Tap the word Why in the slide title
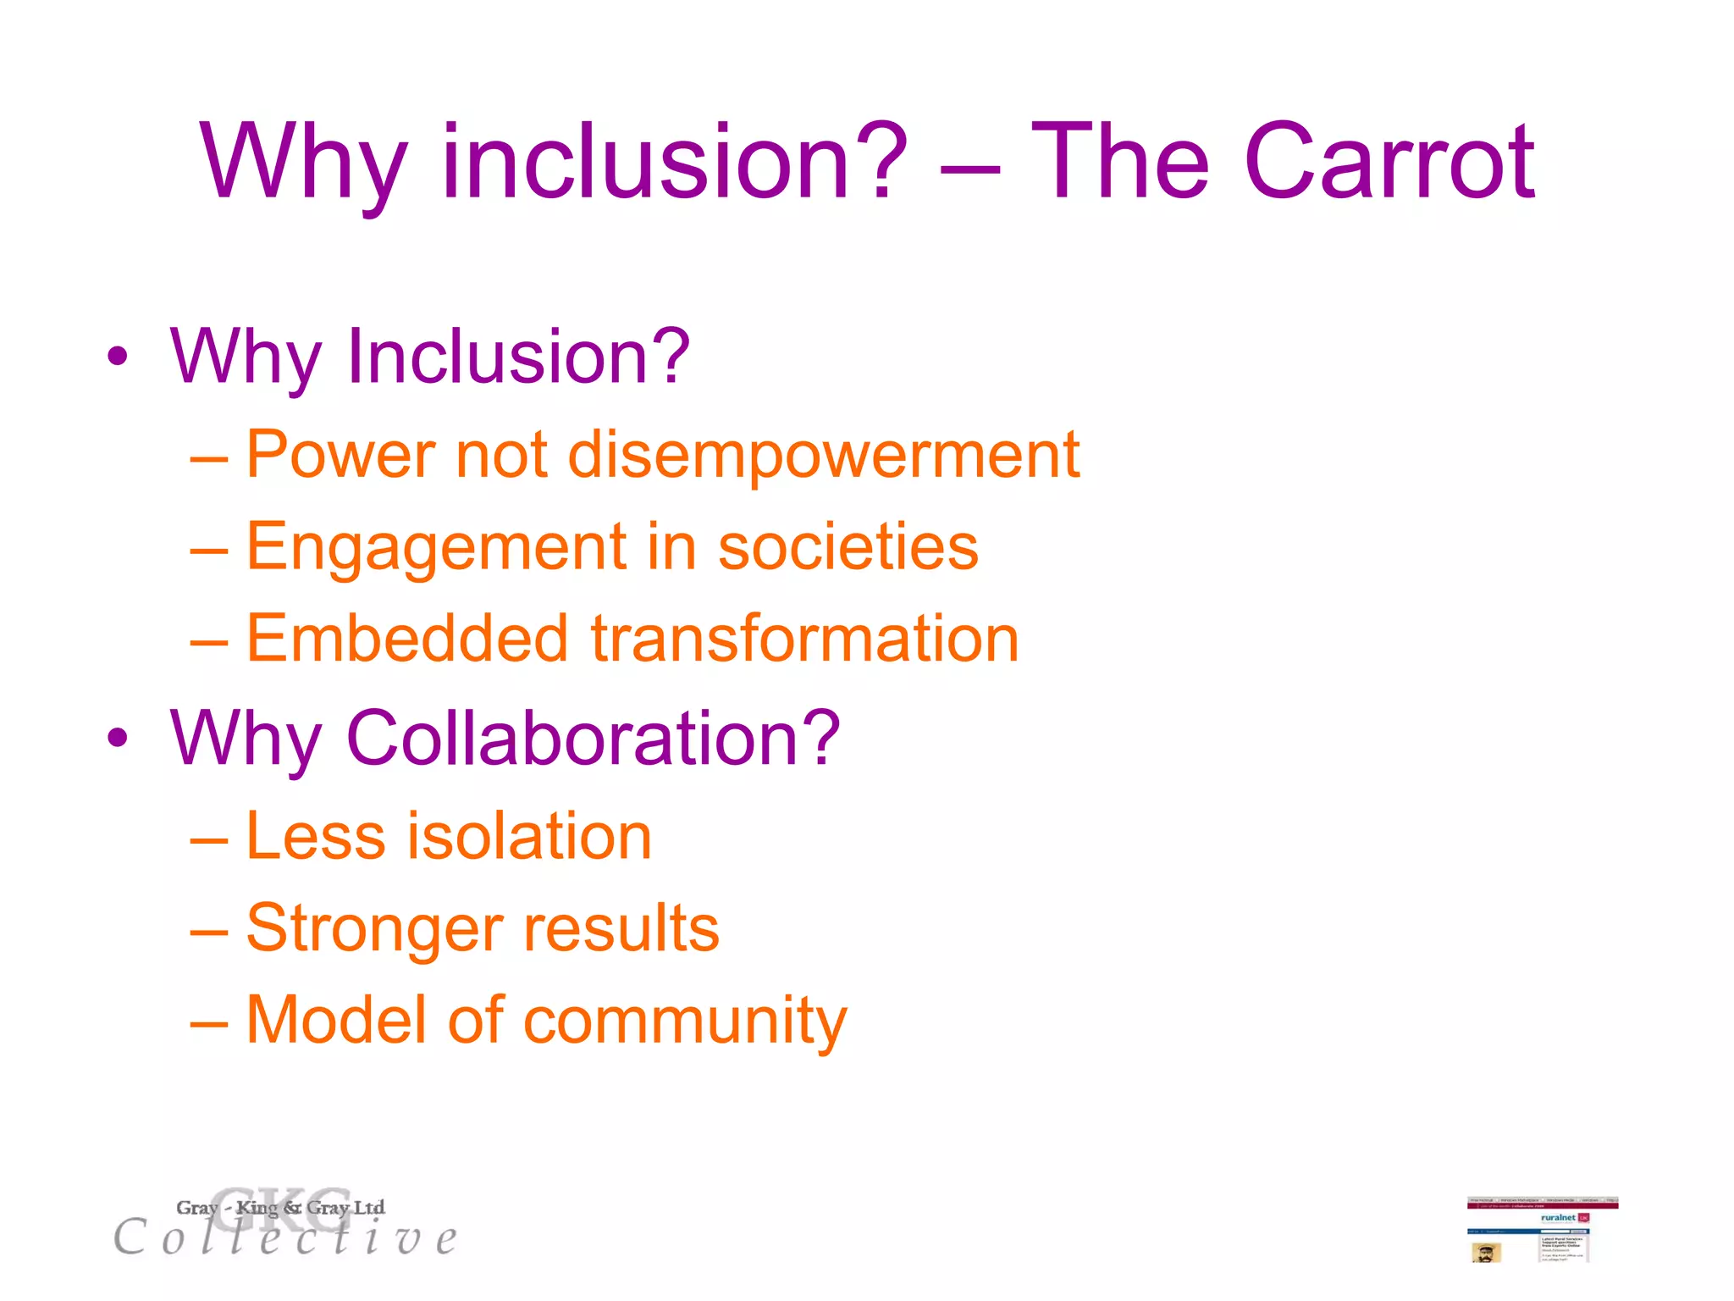pos(303,163)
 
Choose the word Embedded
pos(406,639)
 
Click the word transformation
pos(804,639)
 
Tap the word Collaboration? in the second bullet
pos(594,738)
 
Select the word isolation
pos(530,836)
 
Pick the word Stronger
pos(373,929)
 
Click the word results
pos(621,928)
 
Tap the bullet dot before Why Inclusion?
pos(118,357)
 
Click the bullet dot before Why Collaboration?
pos(118,738)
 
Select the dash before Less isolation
pos(209,839)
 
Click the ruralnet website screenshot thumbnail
pos(1542,1230)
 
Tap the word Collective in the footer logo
pos(286,1238)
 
